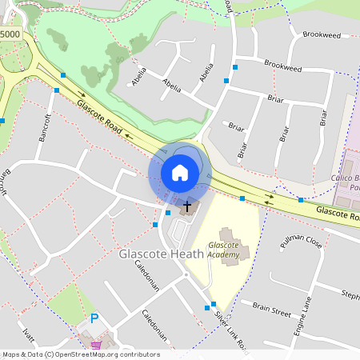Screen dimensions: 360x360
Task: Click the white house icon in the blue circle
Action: point(180,172)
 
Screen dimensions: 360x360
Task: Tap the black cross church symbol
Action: point(188,206)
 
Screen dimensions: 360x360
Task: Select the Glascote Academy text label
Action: point(223,250)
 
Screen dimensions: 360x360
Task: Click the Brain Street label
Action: point(271,306)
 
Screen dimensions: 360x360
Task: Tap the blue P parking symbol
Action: point(94,318)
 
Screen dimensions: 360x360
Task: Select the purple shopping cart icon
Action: point(97,346)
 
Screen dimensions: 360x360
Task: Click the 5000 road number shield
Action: point(10,35)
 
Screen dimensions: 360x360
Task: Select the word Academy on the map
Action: point(223,254)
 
